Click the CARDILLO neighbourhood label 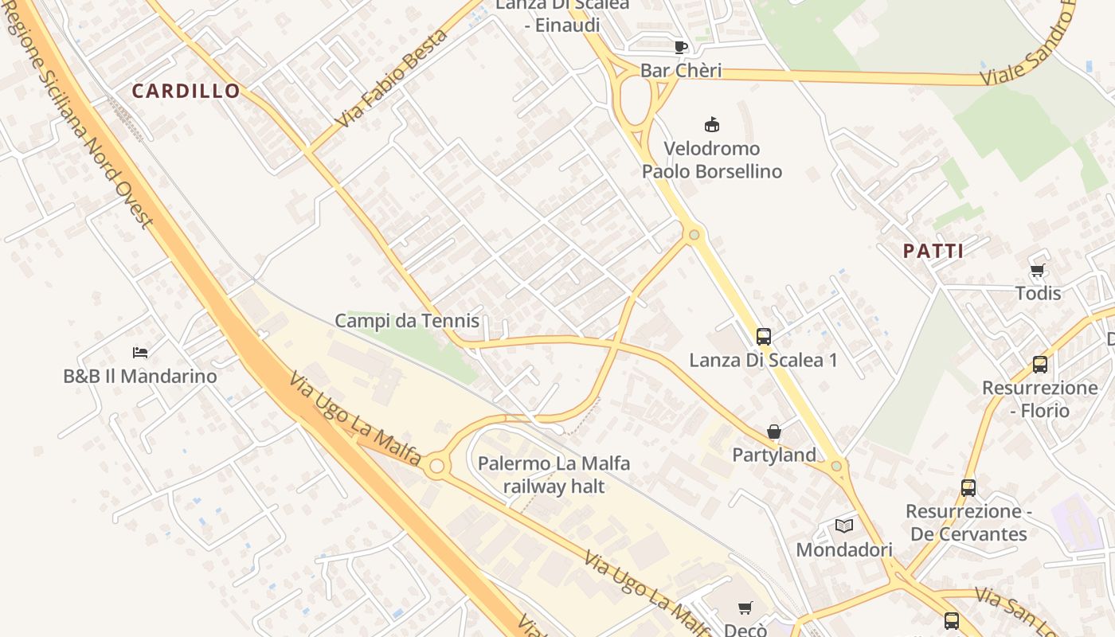186,91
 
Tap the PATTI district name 933,252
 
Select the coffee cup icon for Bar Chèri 680,47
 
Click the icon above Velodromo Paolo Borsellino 712,124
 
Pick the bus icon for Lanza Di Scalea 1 763,337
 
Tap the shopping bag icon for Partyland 773,432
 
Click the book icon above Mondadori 844,526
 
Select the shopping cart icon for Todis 1037,271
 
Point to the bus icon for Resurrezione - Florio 1039,365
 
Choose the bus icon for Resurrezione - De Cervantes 968,487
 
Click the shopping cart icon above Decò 745,608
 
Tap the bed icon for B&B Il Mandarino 140,352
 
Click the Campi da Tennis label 407,321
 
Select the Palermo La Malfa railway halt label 554,475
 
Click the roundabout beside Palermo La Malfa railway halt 436,467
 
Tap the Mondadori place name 844,549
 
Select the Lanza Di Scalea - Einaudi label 562,14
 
